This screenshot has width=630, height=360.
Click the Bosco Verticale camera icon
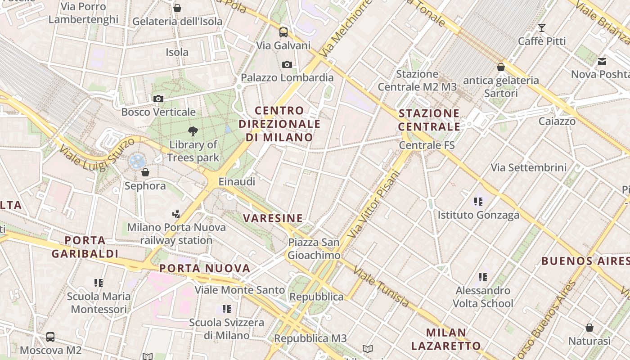pyautogui.click(x=158, y=99)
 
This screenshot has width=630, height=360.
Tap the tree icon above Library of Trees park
pyautogui.click(x=193, y=131)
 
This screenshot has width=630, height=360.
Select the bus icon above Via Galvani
pyautogui.click(x=283, y=32)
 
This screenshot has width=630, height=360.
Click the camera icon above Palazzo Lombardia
pyautogui.click(x=287, y=65)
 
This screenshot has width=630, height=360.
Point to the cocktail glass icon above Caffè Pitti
pyautogui.click(x=542, y=28)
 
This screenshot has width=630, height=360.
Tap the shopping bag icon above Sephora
pyautogui.click(x=145, y=172)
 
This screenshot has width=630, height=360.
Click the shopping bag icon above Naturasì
pyautogui.click(x=589, y=328)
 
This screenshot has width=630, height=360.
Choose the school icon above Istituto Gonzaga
pyautogui.click(x=478, y=202)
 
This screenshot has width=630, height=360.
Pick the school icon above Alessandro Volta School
pyautogui.click(x=483, y=277)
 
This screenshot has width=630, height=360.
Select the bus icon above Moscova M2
pyautogui.click(x=50, y=337)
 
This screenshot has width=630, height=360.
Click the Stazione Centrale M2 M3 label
pyautogui.click(x=417, y=80)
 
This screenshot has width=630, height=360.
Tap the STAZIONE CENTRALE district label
pyautogui.click(x=429, y=120)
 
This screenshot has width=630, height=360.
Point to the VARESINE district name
pyautogui.click(x=273, y=218)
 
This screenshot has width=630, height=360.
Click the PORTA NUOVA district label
pyautogui.click(x=205, y=268)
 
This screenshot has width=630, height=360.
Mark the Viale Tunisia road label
pyautogui.click(x=381, y=286)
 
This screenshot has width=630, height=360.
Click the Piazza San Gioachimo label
pyautogui.click(x=314, y=249)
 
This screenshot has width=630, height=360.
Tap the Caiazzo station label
pyautogui.click(x=557, y=121)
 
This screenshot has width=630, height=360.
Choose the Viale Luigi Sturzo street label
pyautogui.click(x=97, y=154)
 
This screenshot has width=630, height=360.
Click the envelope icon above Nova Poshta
pyautogui.click(x=602, y=61)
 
